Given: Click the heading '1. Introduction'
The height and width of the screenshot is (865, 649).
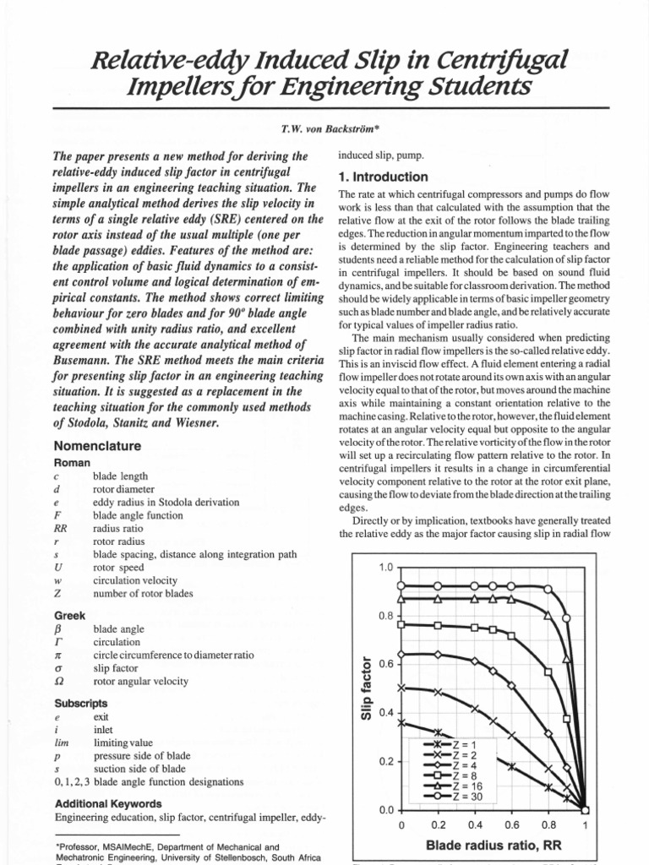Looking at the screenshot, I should click(x=383, y=177).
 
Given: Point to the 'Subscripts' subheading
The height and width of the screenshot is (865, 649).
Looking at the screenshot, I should click(x=81, y=703).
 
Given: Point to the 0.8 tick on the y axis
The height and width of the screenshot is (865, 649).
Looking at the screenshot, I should click(x=386, y=616).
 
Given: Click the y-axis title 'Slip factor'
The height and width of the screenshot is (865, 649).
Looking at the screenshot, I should click(x=366, y=686).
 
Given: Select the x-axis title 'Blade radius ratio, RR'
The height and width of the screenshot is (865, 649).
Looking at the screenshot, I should click(x=493, y=845).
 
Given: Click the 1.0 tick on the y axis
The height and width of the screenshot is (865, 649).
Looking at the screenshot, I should click(x=386, y=568).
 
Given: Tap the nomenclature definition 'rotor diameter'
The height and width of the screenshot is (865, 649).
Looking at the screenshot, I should click(x=123, y=489).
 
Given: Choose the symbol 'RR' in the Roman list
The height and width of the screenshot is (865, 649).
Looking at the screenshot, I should click(x=60, y=528).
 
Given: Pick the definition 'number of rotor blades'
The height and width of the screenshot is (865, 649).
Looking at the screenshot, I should click(x=143, y=594).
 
